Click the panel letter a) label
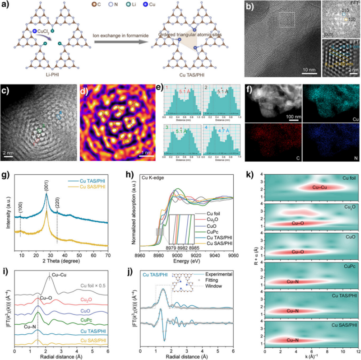click(x=4, y=5)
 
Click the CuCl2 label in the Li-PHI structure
click(x=42, y=31)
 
